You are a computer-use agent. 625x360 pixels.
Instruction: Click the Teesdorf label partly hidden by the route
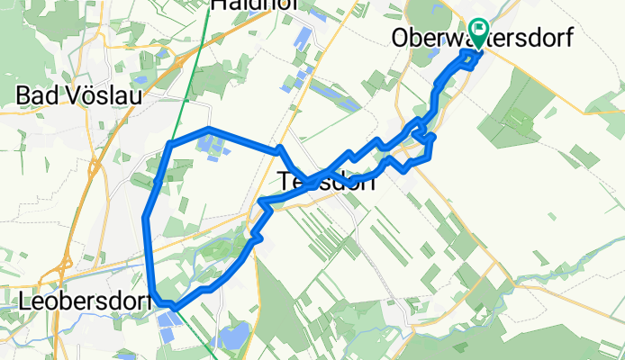[327, 180]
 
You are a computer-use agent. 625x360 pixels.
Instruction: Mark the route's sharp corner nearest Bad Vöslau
[170, 143]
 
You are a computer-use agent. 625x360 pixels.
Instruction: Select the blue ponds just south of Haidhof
[303, 38]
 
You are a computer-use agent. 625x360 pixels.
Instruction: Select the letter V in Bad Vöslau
[61, 94]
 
